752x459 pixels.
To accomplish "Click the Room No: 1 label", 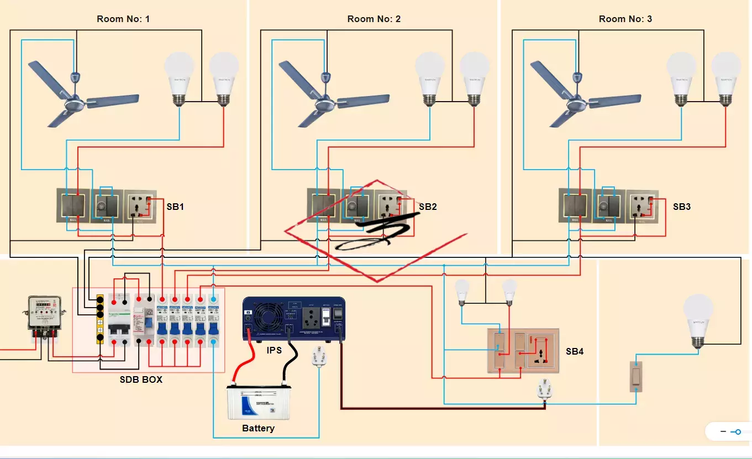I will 123,19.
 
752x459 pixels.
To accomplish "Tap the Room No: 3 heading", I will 625,19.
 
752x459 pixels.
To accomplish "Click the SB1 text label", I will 175,207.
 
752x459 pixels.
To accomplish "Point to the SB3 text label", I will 682,207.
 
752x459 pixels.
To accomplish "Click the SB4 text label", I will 575,351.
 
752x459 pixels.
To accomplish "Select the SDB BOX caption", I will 141,380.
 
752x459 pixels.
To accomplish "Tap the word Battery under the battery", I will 258,428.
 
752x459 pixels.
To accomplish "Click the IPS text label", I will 275,350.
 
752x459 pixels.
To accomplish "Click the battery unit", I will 259,403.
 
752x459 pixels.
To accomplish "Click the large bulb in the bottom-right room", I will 699,320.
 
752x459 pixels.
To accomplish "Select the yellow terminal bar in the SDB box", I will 100,319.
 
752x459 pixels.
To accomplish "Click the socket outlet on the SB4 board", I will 539,351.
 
